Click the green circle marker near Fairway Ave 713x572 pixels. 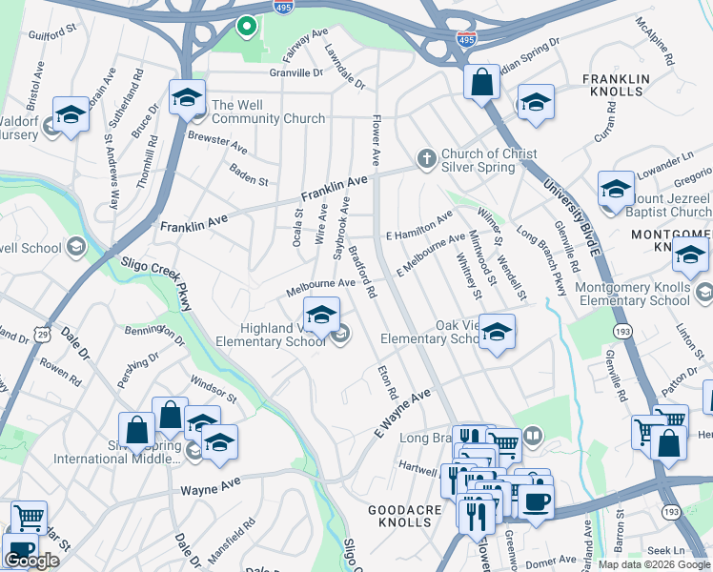(246, 26)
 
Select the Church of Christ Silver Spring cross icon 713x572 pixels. (427, 158)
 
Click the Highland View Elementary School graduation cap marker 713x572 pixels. (321, 315)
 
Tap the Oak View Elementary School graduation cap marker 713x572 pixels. (496, 332)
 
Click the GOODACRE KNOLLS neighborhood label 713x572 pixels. (407, 518)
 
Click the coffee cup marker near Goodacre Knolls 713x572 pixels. (536, 502)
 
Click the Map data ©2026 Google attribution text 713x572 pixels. (654, 564)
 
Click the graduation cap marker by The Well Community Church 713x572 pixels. (187, 96)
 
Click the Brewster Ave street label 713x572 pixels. (217, 143)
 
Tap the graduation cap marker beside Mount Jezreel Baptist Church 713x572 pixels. (616, 189)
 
